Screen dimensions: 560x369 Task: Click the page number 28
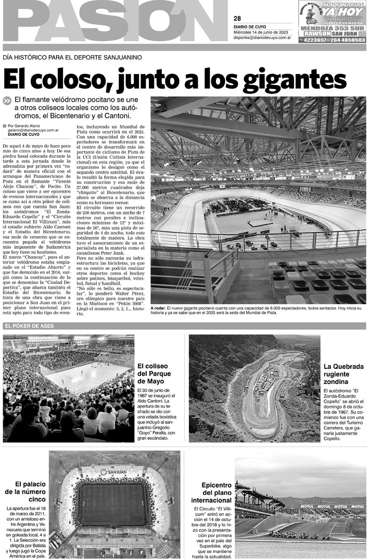click(x=237, y=19)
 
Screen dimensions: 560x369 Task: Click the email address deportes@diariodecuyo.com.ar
click(x=262, y=38)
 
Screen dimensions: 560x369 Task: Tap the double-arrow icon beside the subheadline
click(x=7, y=101)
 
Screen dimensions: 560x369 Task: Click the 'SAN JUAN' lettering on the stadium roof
click(x=114, y=471)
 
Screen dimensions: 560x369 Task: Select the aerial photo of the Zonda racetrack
click(x=254, y=388)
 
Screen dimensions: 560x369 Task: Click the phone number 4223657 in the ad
click(x=314, y=40)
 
